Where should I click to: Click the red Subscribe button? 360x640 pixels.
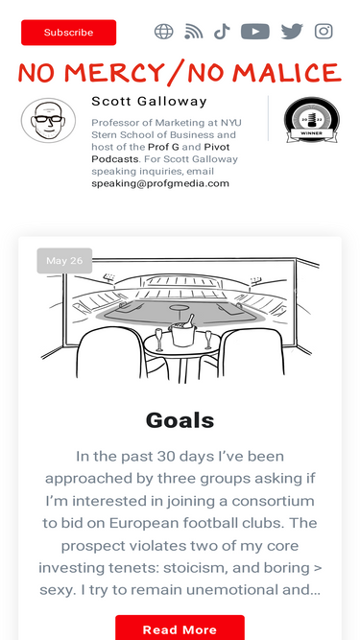click(68, 33)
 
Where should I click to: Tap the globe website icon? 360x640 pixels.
click(163, 32)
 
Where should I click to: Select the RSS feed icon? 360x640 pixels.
click(194, 32)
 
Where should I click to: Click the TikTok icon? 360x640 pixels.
click(222, 32)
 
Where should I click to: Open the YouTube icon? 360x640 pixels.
click(255, 32)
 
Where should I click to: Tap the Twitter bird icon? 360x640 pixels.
click(292, 32)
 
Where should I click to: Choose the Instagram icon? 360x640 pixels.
click(324, 32)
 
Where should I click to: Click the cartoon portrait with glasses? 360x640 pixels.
click(49, 120)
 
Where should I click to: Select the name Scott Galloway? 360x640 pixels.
click(149, 101)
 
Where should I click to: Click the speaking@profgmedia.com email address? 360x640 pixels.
click(160, 183)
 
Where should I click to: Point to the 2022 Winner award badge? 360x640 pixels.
click(312, 120)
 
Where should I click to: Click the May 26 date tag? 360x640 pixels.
click(64, 260)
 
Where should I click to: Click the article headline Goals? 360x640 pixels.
click(180, 420)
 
